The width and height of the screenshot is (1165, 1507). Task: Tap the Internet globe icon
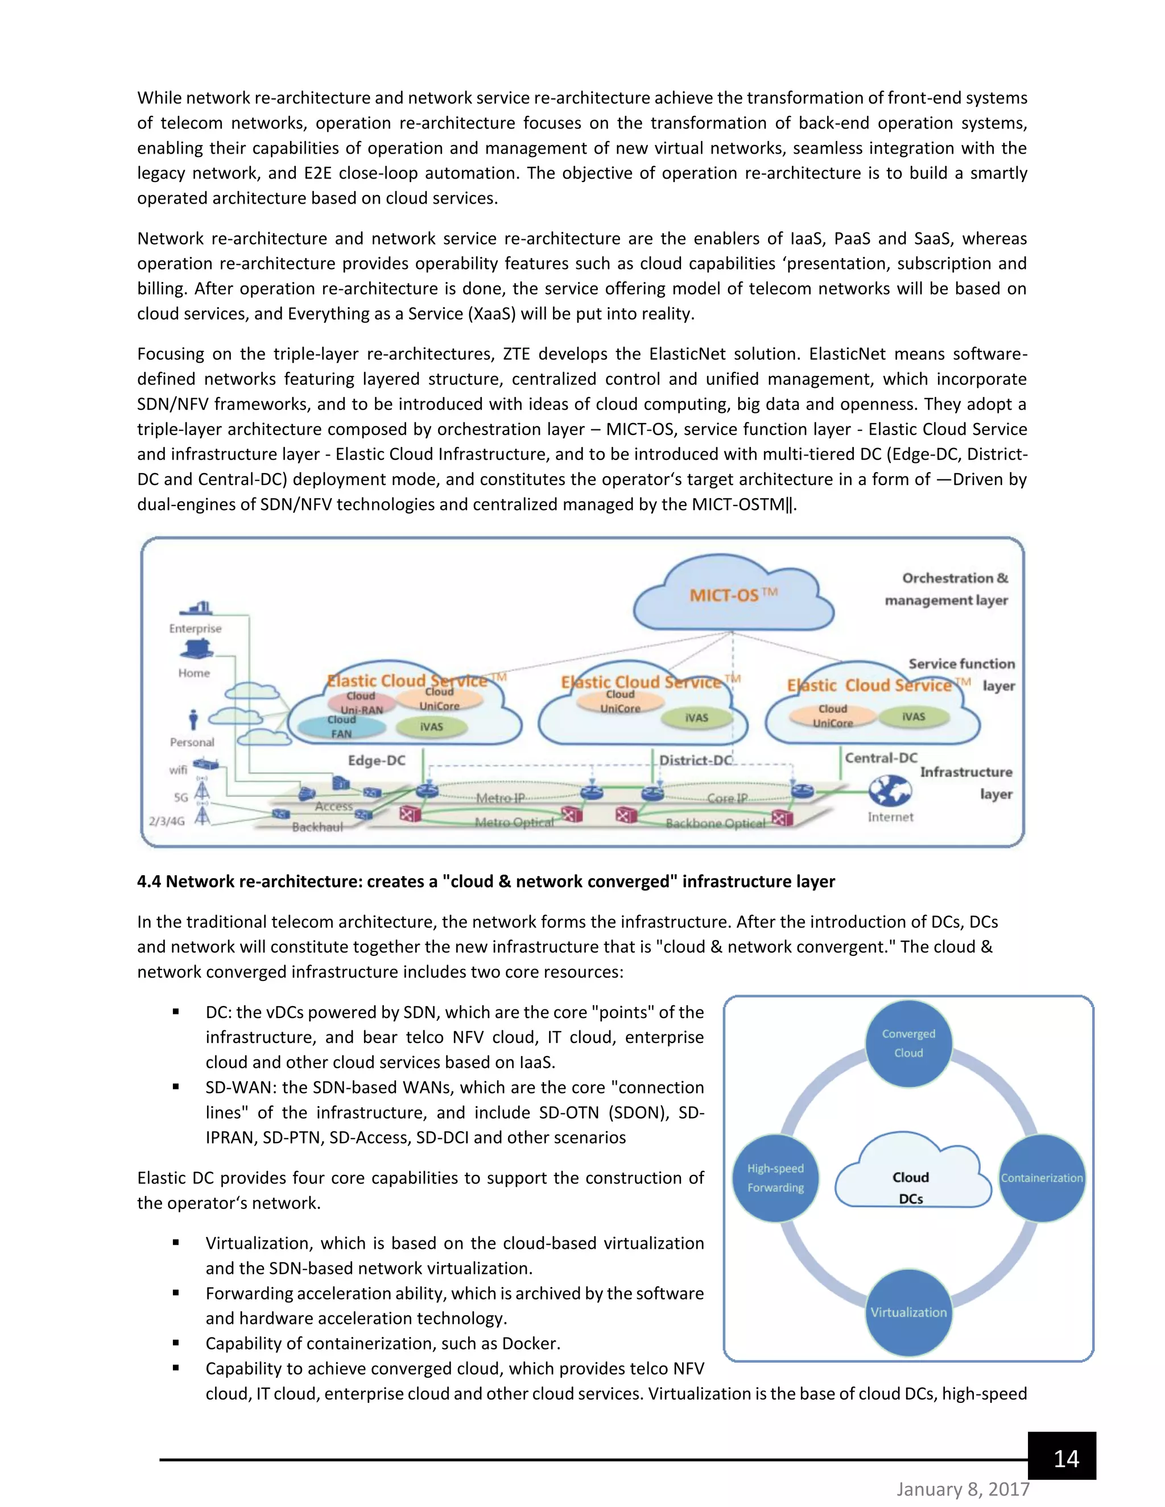click(x=890, y=791)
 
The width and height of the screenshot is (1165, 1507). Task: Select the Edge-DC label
click(x=376, y=760)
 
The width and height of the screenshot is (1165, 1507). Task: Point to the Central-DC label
click(x=881, y=757)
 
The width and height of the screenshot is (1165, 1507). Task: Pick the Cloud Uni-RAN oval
click(x=361, y=702)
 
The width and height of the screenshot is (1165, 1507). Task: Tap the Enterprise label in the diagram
click(x=195, y=628)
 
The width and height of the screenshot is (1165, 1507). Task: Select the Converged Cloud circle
click(x=908, y=1044)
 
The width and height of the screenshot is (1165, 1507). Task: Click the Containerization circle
click(x=1042, y=1178)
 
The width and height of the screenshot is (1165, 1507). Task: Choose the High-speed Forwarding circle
click(x=775, y=1178)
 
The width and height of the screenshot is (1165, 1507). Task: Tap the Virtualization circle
click(x=908, y=1313)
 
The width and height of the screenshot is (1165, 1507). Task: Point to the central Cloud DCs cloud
click(x=911, y=1180)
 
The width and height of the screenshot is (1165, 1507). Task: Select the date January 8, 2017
click(x=963, y=1490)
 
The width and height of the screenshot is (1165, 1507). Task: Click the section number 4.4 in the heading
click(x=148, y=882)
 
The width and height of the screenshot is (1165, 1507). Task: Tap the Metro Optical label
click(x=514, y=822)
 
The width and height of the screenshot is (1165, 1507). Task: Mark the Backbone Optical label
click(x=715, y=823)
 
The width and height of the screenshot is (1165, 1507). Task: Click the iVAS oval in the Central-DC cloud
click(x=913, y=717)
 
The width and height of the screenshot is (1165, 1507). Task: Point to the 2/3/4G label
click(x=167, y=821)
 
